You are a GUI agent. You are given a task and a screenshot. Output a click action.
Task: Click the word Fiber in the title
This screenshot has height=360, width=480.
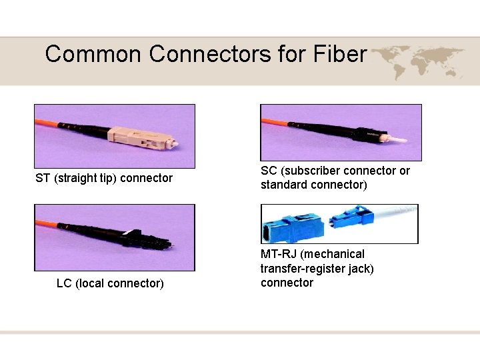pos(337,53)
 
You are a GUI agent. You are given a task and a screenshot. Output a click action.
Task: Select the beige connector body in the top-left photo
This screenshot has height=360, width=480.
pos(151,137)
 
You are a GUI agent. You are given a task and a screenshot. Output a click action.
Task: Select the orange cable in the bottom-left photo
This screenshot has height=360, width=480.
pos(57,220)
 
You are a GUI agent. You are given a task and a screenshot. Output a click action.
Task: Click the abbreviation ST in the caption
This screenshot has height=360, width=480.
pos(43,178)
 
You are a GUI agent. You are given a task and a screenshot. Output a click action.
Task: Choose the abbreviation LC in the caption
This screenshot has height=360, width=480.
pos(64,283)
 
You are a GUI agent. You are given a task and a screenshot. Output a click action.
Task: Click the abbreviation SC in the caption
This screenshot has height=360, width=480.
pos(268,171)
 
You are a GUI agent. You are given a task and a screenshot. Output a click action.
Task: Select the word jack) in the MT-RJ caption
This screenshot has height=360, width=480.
pos(361,269)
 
